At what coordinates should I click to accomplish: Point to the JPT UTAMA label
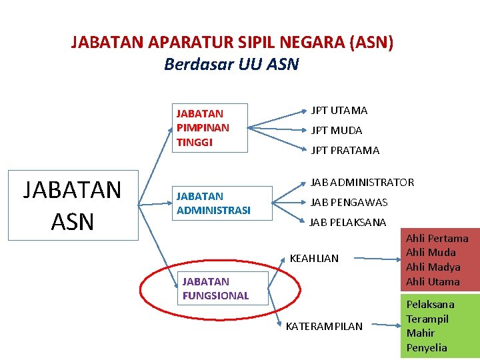[339, 111]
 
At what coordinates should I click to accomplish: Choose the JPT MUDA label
[336, 131]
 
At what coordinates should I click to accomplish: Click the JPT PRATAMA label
[345, 151]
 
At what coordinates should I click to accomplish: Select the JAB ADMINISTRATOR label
[362, 183]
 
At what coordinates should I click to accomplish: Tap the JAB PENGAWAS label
[349, 202]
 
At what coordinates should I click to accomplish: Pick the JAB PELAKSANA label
[347, 222]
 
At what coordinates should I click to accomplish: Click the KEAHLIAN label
[314, 258]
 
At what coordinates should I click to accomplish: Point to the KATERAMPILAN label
[324, 327]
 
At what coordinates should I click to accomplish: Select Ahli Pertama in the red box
[437, 239]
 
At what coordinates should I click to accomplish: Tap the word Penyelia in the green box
[426, 348]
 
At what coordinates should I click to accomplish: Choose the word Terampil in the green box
[427, 319]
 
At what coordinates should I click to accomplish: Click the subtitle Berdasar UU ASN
[231, 65]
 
